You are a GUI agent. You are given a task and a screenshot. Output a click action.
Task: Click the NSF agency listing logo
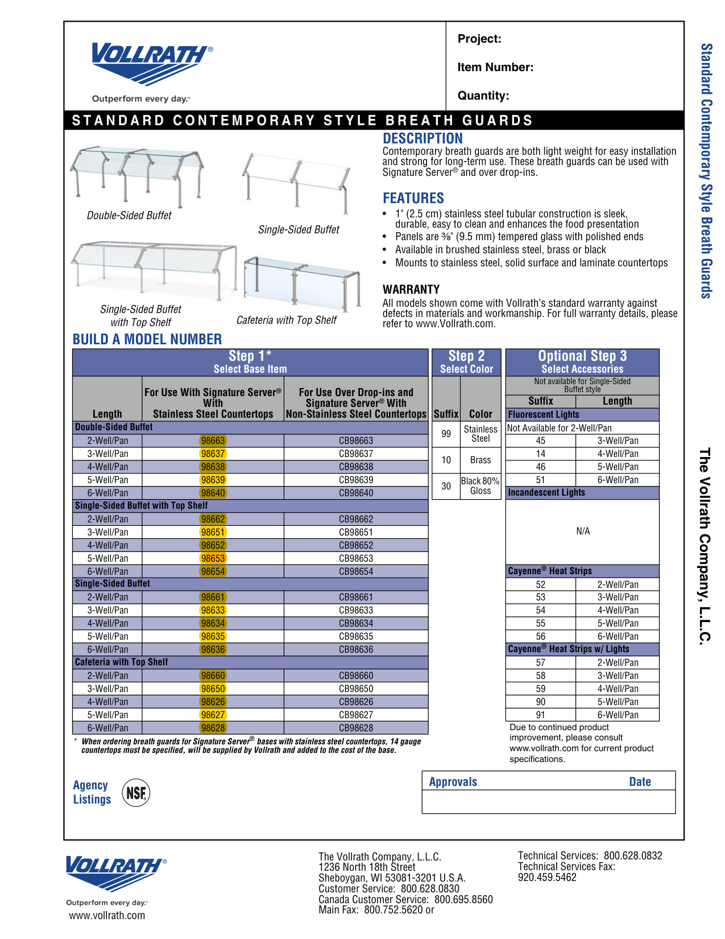[136, 792]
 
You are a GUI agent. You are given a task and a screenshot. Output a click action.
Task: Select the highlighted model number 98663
[213, 440]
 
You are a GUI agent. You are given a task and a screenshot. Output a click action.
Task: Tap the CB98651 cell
[356, 532]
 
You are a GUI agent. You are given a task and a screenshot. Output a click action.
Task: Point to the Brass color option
[480, 460]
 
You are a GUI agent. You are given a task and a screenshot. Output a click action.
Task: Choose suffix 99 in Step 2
[446, 434]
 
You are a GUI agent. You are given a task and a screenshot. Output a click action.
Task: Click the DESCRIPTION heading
[422, 138]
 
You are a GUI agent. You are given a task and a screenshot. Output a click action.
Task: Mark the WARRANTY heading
[411, 289]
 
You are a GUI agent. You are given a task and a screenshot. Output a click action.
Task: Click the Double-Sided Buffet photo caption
[129, 215]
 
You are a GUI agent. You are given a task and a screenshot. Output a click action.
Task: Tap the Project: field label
[479, 39]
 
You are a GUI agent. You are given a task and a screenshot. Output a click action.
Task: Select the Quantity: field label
[483, 96]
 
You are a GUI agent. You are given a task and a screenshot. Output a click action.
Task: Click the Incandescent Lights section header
[546, 492]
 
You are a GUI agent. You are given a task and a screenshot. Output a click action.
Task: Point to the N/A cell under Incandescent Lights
[583, 531]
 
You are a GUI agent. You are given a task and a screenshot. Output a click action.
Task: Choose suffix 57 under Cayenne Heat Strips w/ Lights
[540, 662]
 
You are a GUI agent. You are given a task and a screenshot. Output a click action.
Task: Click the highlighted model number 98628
[213, 728]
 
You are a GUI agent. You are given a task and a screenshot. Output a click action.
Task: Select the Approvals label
[453, 781]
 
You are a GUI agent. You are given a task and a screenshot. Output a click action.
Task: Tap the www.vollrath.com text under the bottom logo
[107, 915]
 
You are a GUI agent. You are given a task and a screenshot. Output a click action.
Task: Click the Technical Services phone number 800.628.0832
[633, 855]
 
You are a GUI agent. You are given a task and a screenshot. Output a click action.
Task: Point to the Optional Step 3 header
[582, 356]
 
